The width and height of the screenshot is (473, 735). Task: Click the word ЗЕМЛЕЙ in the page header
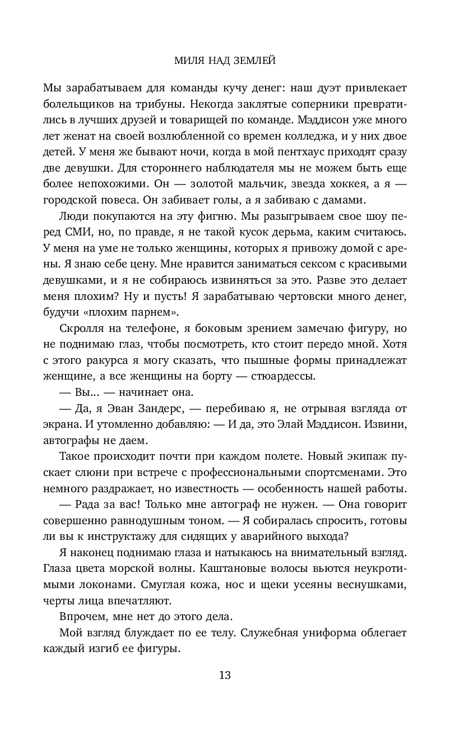pos(255,60)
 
